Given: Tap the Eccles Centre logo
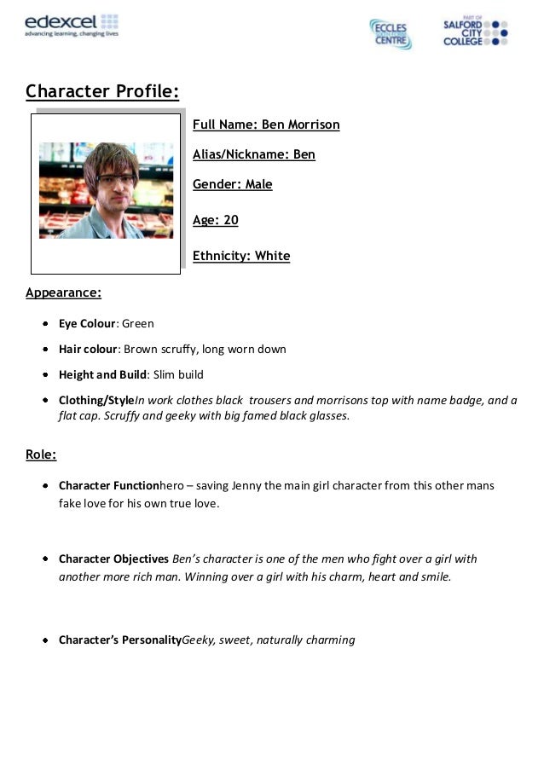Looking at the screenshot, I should [x=390, y=32].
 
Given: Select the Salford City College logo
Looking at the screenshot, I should [x=475, y=32].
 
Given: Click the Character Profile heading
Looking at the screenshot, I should [x=102, y=91].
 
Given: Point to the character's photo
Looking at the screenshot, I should [x=107, y=190].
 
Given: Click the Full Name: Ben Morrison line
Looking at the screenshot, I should [x=266, y=124].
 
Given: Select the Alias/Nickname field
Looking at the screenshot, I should [x=254, y=154].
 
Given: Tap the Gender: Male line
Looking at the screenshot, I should [x=233, y=184].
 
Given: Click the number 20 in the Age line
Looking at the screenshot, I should [x=230, y=220].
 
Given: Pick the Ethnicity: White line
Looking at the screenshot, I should [x=241, y=256].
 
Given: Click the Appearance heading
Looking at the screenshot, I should [x=63, y=292].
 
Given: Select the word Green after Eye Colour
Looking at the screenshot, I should [x=138, y=324].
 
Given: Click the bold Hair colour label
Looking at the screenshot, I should [x=86, y=350].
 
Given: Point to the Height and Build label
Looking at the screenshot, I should [x=102, y=375].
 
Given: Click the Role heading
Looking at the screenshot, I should [x=41, y=454].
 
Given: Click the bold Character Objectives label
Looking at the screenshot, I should [x=113, y=559].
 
